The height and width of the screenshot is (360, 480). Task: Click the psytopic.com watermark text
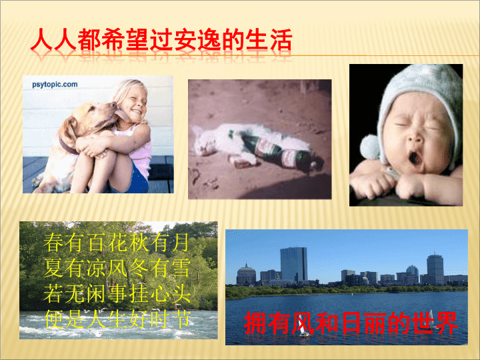55,85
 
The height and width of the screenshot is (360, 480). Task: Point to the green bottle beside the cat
280,153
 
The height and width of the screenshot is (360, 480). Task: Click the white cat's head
203,140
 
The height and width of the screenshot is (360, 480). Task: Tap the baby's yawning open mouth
415,158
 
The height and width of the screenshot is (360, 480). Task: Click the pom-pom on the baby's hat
371,147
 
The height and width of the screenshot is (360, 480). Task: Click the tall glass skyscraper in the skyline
293,264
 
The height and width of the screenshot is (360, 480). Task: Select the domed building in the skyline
246,274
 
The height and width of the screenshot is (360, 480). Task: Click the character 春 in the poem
54,242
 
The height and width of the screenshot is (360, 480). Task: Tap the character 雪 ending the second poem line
180,268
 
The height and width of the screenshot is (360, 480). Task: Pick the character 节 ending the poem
180,319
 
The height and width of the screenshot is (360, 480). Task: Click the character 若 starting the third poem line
54,293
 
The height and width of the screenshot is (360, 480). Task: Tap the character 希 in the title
113,40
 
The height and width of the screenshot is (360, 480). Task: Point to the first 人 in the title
41,40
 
